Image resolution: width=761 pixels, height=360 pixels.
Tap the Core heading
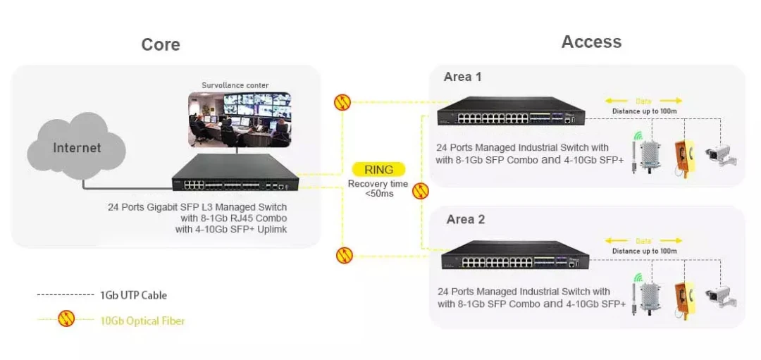161,44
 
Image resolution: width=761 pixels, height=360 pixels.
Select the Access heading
591,42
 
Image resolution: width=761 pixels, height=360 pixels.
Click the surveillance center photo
240,119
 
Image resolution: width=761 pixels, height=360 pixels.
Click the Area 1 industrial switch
511,111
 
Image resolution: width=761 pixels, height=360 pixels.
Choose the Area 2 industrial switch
515,255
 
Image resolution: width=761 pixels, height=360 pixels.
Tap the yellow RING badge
379,170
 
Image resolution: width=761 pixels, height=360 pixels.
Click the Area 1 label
462,77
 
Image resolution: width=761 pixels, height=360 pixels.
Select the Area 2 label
466,219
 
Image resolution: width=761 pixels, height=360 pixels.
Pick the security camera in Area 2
722,296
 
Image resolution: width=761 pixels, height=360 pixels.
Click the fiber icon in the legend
66,318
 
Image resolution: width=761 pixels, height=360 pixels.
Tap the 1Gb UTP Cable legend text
133,295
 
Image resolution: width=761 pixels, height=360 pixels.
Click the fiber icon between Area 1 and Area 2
420,191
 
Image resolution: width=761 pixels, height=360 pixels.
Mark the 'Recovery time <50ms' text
376,189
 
